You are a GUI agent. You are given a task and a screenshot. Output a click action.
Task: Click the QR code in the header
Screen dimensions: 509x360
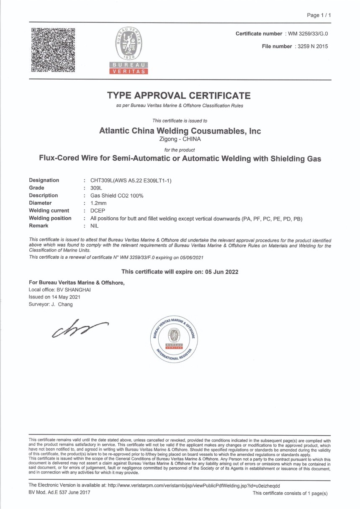pyautogui.click(x=53, y=50)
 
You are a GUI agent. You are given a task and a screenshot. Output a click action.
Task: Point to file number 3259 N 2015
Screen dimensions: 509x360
pyautogui.click(x=311, y=46)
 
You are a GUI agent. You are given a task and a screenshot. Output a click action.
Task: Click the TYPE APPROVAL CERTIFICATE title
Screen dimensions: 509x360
pyautogui.click(x=179, y=95)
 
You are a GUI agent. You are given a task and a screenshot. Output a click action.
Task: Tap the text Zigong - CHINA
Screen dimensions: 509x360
pyautogui.click(x=180, y=139)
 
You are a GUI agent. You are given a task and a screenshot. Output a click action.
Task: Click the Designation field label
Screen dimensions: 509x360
pyautogui.click(x=44, y=180)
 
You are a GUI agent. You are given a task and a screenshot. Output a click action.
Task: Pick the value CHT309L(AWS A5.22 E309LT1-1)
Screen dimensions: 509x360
pyautogui.click(x=131, y=180)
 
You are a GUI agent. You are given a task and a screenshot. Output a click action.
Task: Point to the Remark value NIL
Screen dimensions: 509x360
pyautogui.click(x=95, y=226)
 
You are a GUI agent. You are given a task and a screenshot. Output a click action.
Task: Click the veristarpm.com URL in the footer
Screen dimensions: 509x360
pyautogui.click(x=193, y=486)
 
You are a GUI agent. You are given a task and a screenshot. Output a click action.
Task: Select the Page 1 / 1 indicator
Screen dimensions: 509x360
pyautogui.click(x=319, y=15)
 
